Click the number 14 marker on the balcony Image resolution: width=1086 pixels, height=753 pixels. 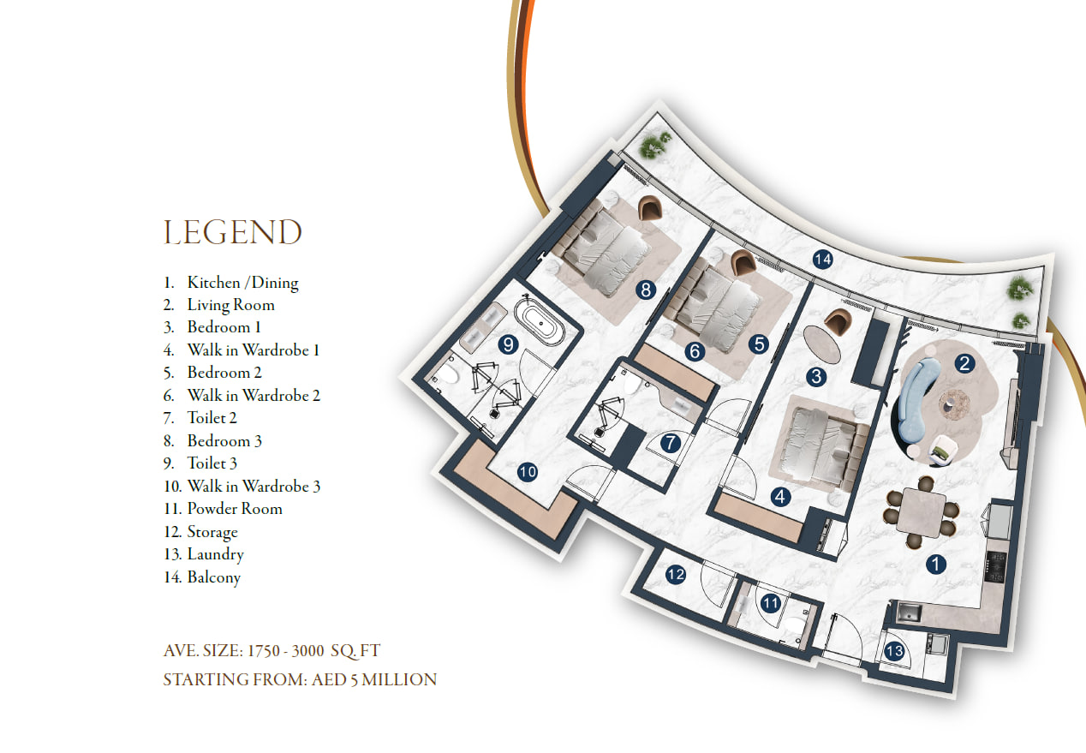[x=822, y=260]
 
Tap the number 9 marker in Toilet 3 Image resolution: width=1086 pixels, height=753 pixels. [x=508, y=344]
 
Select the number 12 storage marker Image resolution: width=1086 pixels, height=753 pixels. [x=676, y=575]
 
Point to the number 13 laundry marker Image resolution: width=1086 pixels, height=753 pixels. [x=894, y=651]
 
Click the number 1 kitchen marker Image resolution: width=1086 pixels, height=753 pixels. [x=936, y=564]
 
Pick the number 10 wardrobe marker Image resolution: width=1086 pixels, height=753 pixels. [x=528, y=472]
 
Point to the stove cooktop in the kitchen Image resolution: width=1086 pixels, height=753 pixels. [x=995, y=567]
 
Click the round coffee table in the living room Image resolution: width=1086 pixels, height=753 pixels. [x=954, y=403]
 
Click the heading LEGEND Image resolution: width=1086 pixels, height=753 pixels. [x=232, y=232]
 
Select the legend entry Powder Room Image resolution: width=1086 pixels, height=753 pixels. [x=235, y=508]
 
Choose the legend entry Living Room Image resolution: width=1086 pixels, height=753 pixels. [x=230, y=304]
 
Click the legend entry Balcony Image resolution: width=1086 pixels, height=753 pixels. [x=214, y=577]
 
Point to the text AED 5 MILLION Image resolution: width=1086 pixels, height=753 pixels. [x=374, y=679]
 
